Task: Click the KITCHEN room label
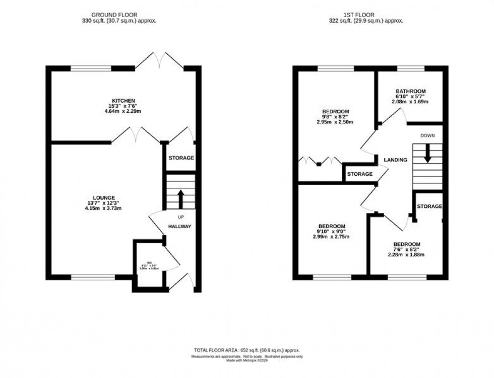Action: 123,101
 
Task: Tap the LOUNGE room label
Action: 104,197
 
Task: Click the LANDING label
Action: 395,160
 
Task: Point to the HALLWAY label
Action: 179,226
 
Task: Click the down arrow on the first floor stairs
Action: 427,153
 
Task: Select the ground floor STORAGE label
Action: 181,158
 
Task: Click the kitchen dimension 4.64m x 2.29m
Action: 123,111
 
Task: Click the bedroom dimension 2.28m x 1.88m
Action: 406,255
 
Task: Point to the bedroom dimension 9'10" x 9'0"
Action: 332,232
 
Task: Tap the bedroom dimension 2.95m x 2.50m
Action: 335,122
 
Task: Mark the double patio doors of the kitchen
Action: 159,61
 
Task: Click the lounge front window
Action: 93,276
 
